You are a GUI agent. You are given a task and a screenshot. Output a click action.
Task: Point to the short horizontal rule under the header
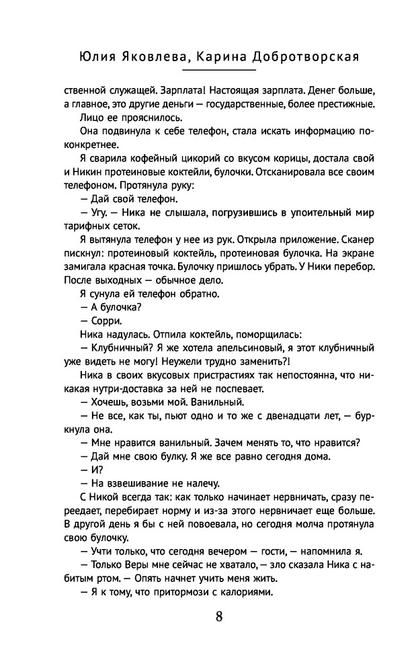point(219,71)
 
